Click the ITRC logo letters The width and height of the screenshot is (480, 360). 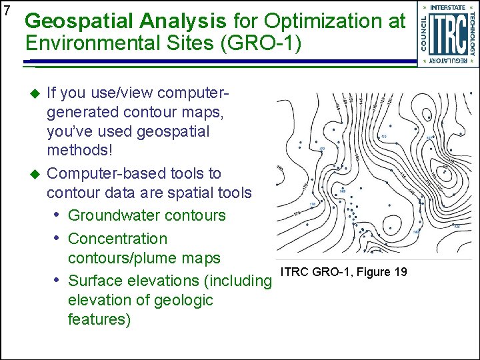point(447,35)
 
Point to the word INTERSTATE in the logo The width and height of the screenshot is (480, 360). point(448,7)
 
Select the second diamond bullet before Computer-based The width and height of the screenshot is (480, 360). point(37,174)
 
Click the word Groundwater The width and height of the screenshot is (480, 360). point(111,216)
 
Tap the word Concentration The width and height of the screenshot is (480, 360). point(117,238)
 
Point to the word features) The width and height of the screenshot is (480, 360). point(99,319)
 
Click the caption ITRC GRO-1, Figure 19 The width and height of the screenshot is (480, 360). point(344,271)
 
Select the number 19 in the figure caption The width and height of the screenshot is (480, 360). point(401,271)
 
